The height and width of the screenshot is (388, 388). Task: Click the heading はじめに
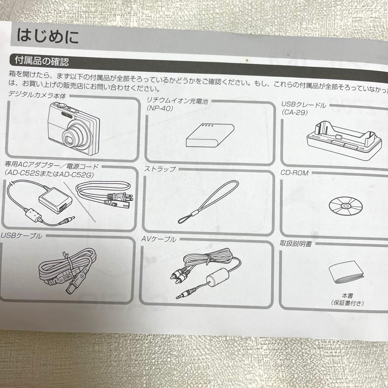click(x=47, y=37)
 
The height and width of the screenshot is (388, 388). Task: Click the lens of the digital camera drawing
click(x=72, y=136)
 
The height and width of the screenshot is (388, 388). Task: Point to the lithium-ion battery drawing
click(x=210, y=135)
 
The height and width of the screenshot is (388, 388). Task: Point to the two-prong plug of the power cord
click(x=126, y=197)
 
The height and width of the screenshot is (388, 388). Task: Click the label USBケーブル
click(x=21, y=236)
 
